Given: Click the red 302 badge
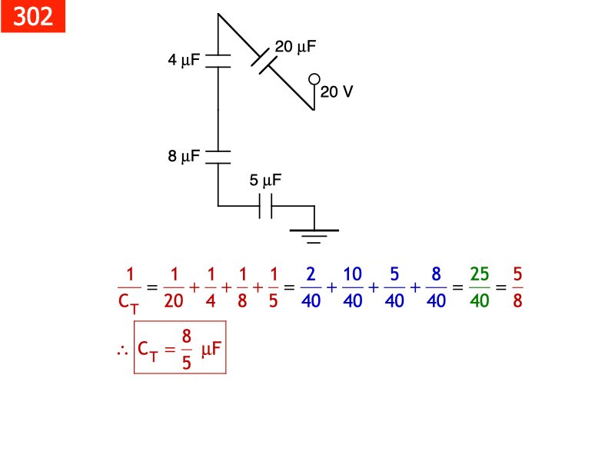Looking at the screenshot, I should [33, 16].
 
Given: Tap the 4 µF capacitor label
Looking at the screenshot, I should [184, 60].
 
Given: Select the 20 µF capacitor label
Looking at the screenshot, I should [296, 47].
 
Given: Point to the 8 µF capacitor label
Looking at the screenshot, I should [184, 157].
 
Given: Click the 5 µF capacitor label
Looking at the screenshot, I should [266, 182].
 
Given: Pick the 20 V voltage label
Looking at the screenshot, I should [337, 92].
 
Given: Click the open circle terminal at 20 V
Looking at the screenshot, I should [314, 79].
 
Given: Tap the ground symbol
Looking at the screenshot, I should [314, 234].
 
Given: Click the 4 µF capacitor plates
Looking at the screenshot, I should [218, 61].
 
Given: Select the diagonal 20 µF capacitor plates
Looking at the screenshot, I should [264, 60].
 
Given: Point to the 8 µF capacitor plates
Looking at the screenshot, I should [218, 157].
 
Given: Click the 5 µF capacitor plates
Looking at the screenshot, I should [266, 206].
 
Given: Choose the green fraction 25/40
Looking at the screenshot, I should [479, 287].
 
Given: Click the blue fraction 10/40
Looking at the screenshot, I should [352, 287].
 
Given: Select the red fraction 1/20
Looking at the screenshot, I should [175, 287].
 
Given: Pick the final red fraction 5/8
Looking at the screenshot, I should [517, 287].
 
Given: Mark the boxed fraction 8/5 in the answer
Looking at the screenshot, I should [187, 349].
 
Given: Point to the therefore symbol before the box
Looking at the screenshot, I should [121, 350].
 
